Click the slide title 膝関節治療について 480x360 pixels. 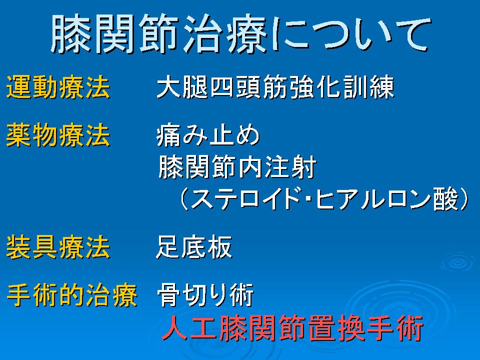pos(241,34)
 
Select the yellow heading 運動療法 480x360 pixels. pos(58,87)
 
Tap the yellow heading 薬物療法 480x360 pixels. pos(58,135)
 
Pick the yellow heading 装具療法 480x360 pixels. pos(58,247)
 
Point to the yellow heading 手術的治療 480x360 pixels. pos(71,295)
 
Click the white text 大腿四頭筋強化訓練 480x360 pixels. pos(275,87)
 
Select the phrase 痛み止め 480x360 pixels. pos(208,135)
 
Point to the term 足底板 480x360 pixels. pos(194,247)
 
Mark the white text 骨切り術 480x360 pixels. pos(205,295)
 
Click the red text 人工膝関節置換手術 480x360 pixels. pos(292,328)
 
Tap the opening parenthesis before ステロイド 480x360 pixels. pos(184,199)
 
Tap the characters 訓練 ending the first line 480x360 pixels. pos(368,87)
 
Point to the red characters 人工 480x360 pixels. pos(189,328)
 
